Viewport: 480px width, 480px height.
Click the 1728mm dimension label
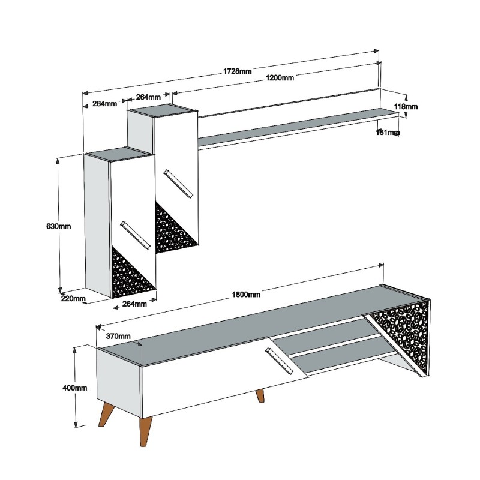click(238, 71)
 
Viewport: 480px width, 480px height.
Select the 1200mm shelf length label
click(279, 78)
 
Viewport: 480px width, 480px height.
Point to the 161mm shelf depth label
click(388, 132)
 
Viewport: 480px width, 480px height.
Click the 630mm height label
click(59, 226)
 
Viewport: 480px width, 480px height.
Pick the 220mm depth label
click(73, 298)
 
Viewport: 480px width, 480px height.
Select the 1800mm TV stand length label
click(246, 294)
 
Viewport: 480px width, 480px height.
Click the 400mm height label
click(75, 388)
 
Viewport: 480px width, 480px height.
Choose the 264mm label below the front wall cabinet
click(134, 304)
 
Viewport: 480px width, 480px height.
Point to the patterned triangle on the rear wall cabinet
click(173, 230)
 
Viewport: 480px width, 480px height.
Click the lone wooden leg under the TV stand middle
click(260, 396)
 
